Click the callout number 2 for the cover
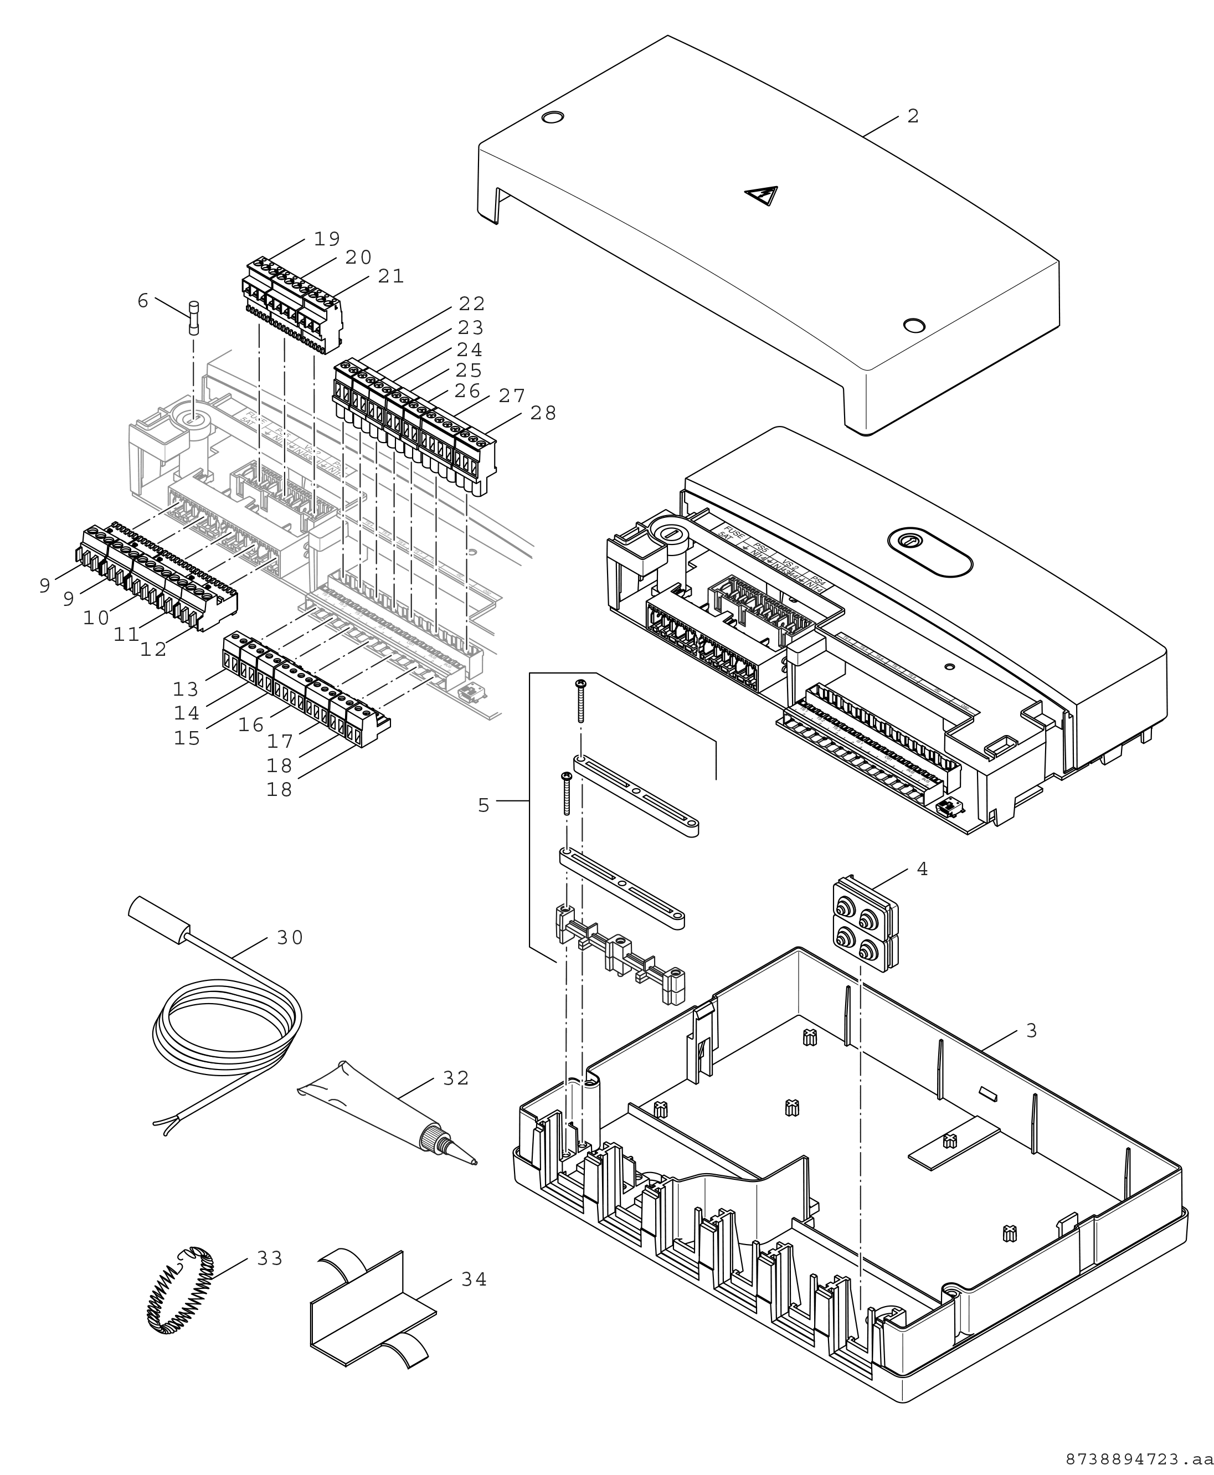click(x=913, y=116)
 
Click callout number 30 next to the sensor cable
click(x=290, y=938)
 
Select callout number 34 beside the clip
click(x=474, y=1279)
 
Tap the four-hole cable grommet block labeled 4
click(x=865, y=924)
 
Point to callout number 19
click(x=327, y=239)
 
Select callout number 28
click(x=543, y=413)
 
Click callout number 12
click(x=153, y=649)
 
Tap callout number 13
click(x=186, y=690)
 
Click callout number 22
click(x=471, y=304)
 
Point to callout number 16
click(x=251, y=724)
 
